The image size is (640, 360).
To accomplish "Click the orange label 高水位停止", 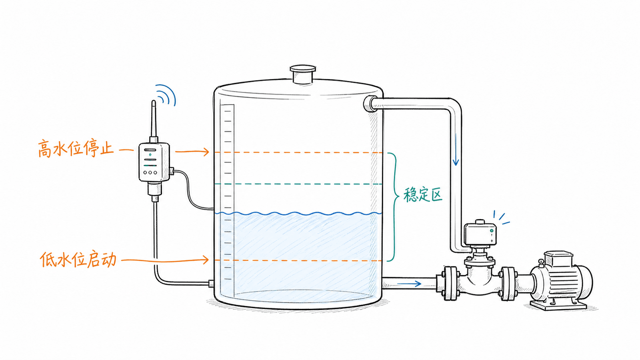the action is click(x=76, y=148).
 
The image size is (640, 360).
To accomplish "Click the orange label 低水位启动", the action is click(x=78, y=259).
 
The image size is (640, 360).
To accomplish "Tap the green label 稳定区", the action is click(x=423, y=195).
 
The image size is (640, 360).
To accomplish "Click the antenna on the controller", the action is click(x=154, y=120).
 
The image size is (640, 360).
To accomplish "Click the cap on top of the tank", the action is click(x=303, y=74).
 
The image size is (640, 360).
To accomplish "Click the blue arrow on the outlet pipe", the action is click(x=409, y=284).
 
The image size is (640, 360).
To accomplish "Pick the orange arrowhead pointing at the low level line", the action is click(x=206, y=260).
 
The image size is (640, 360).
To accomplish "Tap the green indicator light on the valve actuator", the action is click(x=492, y=230).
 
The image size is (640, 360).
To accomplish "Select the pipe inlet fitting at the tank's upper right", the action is click(x=370, y=103).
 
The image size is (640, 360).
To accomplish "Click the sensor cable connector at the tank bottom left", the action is click(x=212, y=284).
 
